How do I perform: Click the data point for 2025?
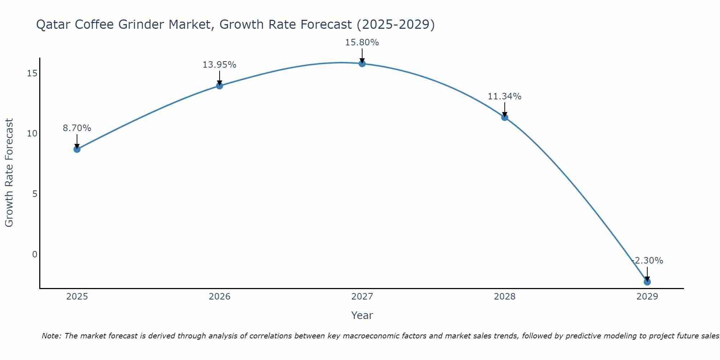pyautogui.click(x=77, y=149)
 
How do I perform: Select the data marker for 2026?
pyautogui.click(x=220, y=86)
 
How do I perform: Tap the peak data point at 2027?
pyautogui.click(x=362, y=64)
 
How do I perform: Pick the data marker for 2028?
pyautogui.click(x=505, y=117)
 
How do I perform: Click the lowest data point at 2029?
pyautogui.click(x=647, y=282)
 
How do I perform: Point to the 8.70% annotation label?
pyautogui.click(x=77, y=128)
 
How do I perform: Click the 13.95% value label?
pyautogui.click(x=219, y=65)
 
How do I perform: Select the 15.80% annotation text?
pyautogui.click(x=362, y=42)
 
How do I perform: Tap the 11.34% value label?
pyautogui.click(x=504, y=96)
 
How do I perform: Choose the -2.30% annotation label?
pyautogui.click(x=647, y=261)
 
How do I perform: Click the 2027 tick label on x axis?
pyautogui.click(x=362, y=297)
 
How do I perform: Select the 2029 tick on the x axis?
pyautogui.click(x=647, y=297)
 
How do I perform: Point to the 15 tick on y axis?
pyautogui.click(x=32, y=73)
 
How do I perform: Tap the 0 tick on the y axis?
pyautogui.click(x=35, y=255)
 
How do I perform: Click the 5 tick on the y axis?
pyautogui.click(x=35, y=194)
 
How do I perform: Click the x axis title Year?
pyautogui.click(x=362, y=315)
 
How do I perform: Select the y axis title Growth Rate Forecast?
pyautogui.click(x=9, y=173)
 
